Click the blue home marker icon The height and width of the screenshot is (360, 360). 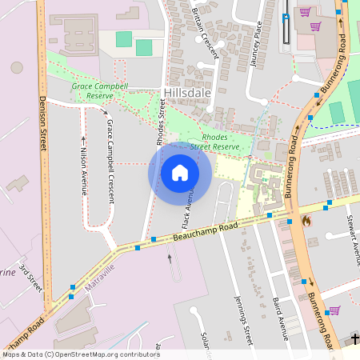[x=180, y=172]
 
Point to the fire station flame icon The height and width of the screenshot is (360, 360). [x=306, y=220]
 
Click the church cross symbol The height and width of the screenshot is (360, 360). [x=355, y=339]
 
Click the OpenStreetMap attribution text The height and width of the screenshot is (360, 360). [x=80, y=354]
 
